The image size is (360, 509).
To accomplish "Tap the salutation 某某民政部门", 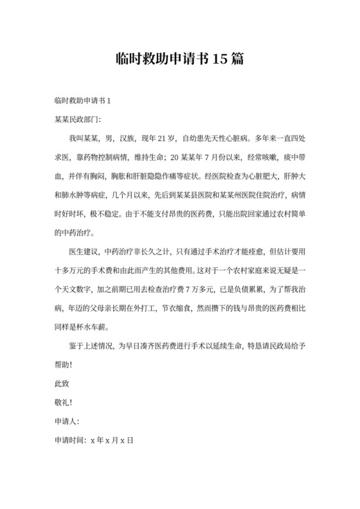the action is (76, 119).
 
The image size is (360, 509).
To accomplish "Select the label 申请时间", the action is (69, 440).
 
